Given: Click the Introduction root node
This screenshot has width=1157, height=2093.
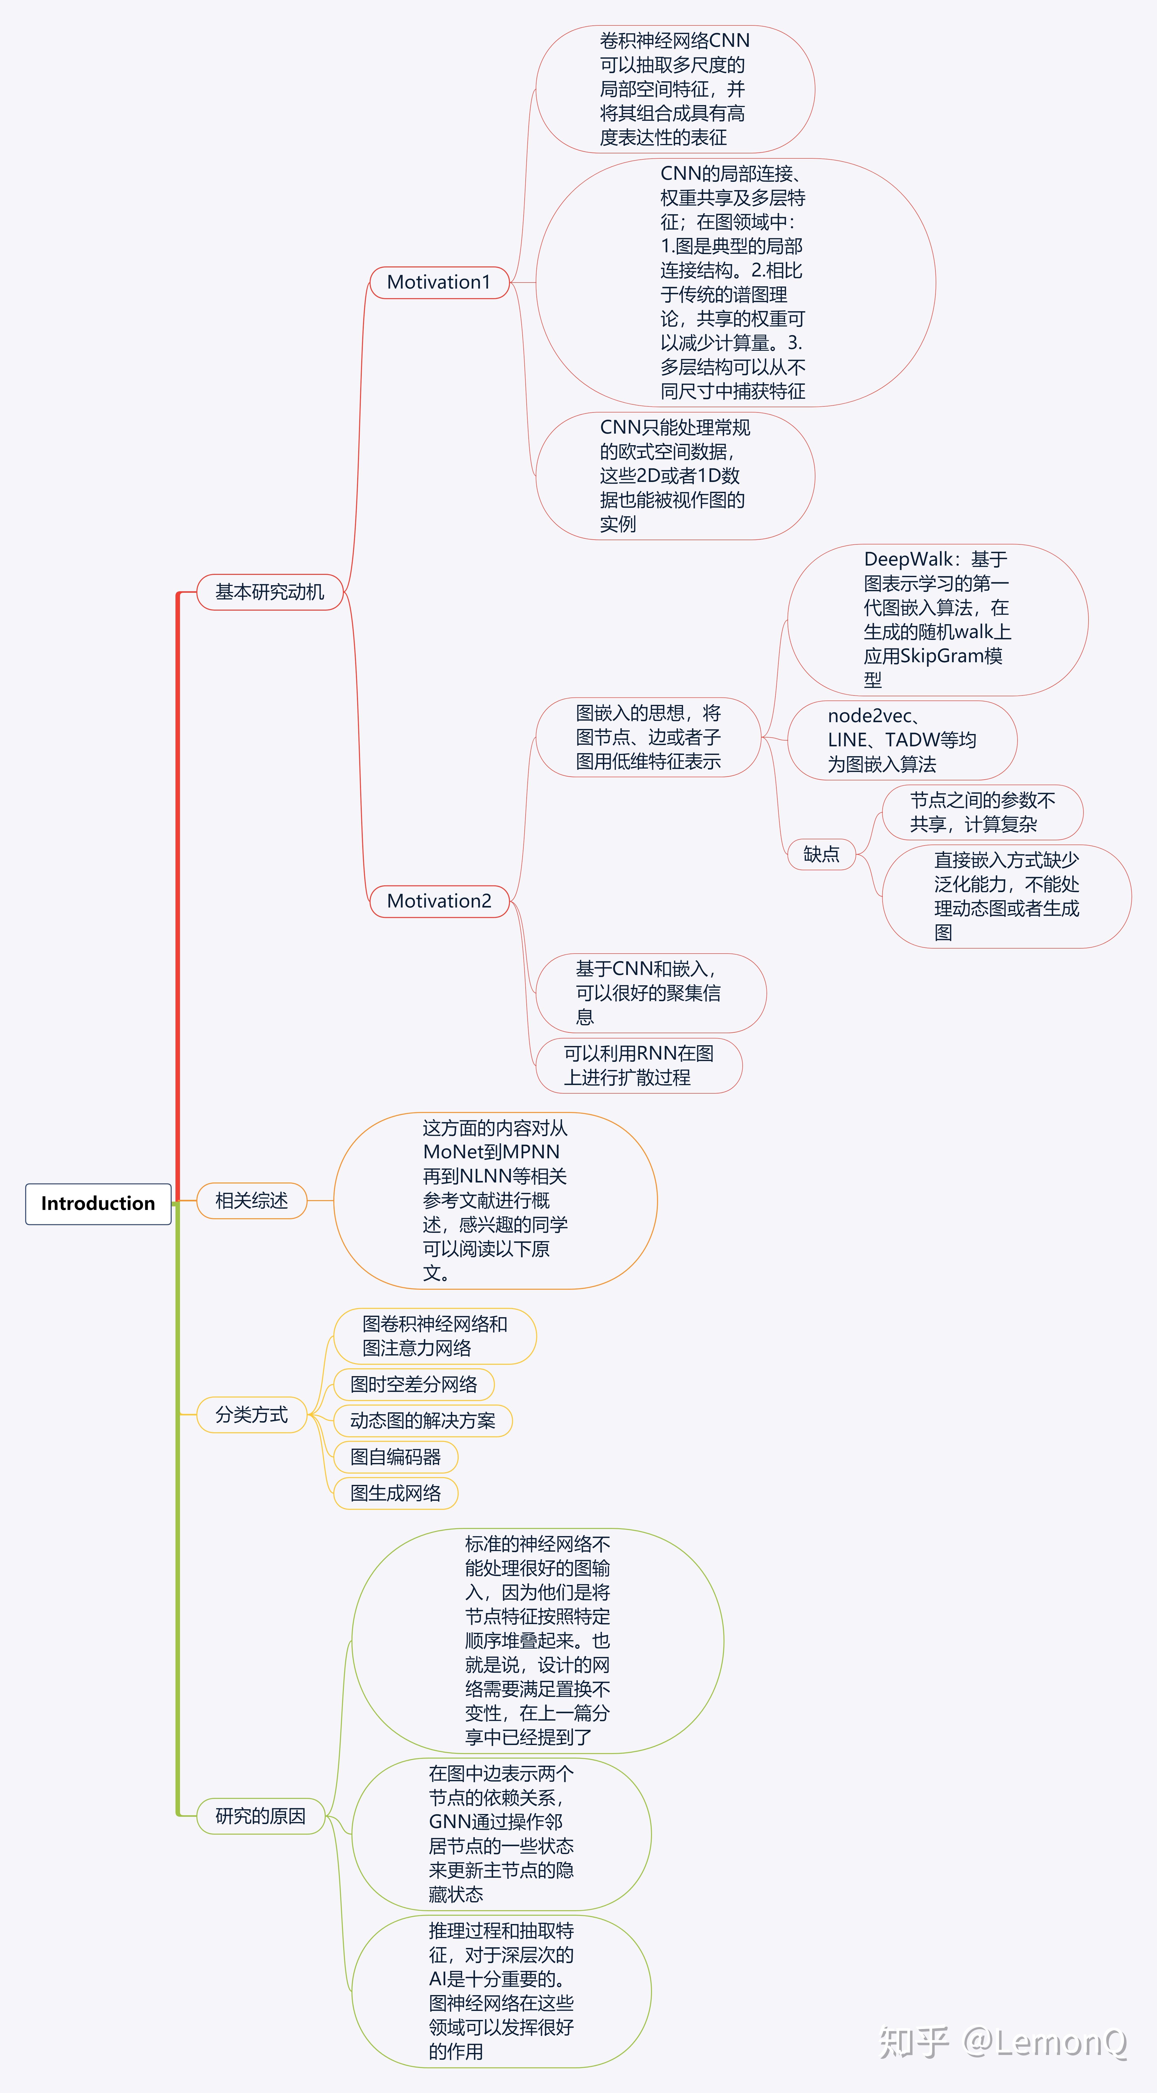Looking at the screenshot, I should pyautogui.click(x=97, y=1203).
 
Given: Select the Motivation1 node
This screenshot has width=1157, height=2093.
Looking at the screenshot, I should pyautogui.click(x=439, y=282).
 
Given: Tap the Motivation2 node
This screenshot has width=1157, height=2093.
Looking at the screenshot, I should pyautogui.click(x=439, y=901).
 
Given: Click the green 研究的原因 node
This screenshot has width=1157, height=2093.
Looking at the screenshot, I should pyautogui.click(x=260, y=1816).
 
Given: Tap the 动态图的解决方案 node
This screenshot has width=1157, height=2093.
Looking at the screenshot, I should pyautogui.click(x=422, y=1420).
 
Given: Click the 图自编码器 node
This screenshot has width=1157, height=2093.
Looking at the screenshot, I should pyautogui.click(x=396, y=1457).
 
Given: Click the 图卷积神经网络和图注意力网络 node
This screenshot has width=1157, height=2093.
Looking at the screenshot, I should pyautogui.click(x=435, y=1336).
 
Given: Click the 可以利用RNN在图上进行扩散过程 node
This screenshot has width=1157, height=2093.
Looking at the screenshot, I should pyautogui.click(x=639, y=1065).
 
